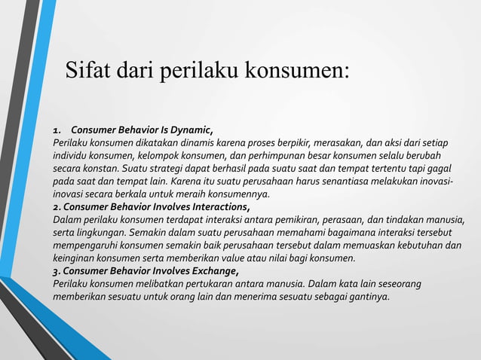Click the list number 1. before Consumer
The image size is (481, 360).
pos(57,128)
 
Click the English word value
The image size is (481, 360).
pos(226,258)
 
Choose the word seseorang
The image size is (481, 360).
pos(397,284)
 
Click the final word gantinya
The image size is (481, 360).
pos(368,297)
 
